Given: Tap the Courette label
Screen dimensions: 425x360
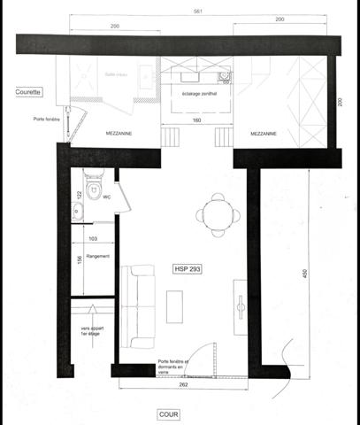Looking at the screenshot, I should coord(29,91).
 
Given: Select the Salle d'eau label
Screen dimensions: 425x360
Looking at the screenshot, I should coord(116,74).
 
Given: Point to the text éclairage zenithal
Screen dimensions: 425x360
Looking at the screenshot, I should coord(199,93).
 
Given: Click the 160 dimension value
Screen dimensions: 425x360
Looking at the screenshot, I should coord(198,120).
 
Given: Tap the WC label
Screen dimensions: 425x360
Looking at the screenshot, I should coord(106,198).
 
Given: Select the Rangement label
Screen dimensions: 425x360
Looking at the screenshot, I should coord(99,257).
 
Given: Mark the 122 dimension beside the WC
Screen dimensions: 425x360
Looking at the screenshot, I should coord(79,195).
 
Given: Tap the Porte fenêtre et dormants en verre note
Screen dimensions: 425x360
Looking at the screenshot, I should coord(174,367).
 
